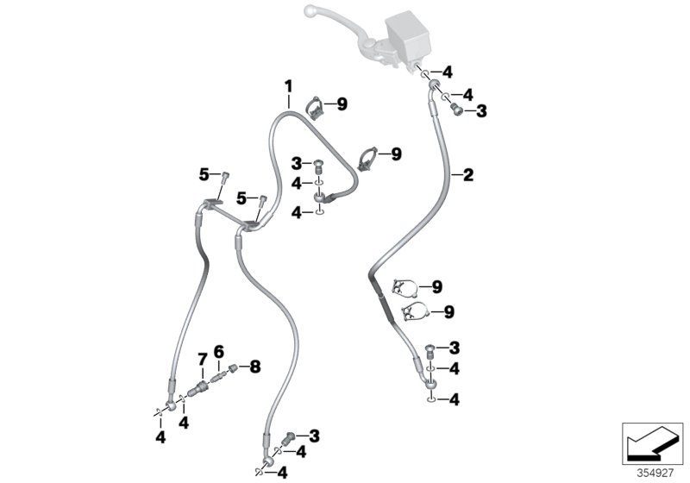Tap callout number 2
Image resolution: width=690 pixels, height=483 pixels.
tap(468, 175)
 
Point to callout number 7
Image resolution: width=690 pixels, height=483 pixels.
tap(201, 358)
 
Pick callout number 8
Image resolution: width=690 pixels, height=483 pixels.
tap(254, 367)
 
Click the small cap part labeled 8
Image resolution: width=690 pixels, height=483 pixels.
tap(232, 368)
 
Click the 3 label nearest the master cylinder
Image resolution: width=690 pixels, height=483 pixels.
tap(481, 110)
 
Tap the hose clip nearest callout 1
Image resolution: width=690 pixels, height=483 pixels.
tap(317, 108)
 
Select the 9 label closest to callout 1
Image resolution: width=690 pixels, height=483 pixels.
tap(342, 104)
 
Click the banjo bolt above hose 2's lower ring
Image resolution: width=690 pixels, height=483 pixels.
tap(431, 352)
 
